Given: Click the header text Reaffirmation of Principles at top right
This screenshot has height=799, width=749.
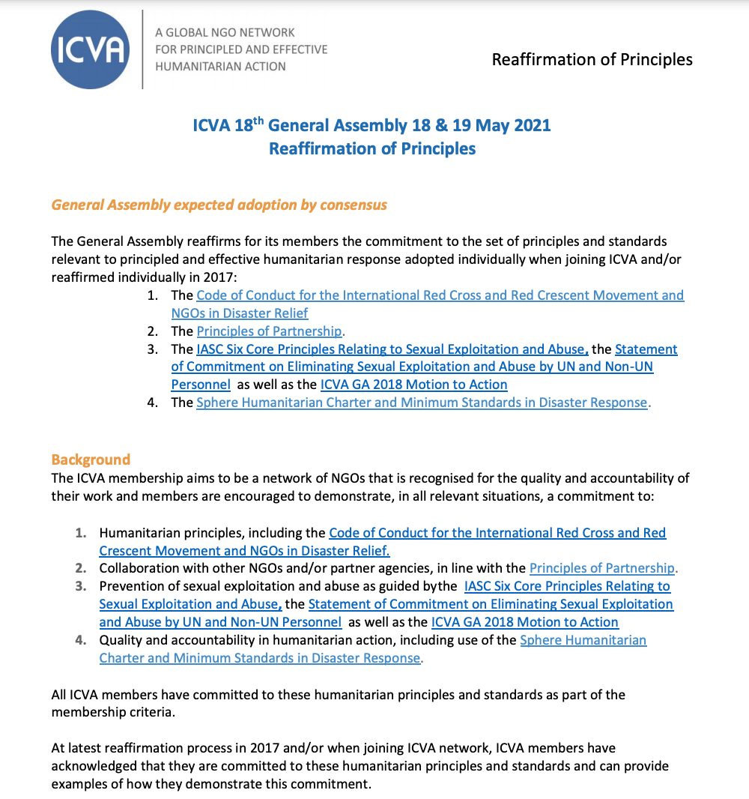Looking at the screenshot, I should pyautogui.click(x=592, y=60).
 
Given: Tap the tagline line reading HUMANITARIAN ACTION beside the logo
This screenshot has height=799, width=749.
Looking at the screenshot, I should pyautogui.click(x=220, y=66).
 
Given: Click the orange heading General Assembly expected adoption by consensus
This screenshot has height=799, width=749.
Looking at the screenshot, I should pyautogui.click(x=219, y=205).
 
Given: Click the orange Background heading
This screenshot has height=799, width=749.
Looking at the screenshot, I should pyautogui.click(x=91, y=459).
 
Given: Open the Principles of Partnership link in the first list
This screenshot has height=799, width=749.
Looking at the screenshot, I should pyautogui.click(x=269, y=331).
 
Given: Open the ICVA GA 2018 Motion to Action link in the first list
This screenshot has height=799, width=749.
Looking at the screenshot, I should pyautogui.click(x=413, y=385).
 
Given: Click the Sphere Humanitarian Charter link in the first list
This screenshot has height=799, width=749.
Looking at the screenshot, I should pyautogui.click(x=421, y=402).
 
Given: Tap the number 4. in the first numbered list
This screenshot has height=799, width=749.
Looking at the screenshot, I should pyautogui.click(x=153, y=402).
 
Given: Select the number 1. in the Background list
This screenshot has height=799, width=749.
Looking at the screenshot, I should pyautogui.click(x=81, y=533).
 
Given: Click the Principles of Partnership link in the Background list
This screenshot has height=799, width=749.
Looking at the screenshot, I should pyautogui.click(x=602, y=568).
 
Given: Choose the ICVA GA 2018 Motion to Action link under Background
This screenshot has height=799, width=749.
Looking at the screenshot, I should pyautogui.click(x=524, y=622).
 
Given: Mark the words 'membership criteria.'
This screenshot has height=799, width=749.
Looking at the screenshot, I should pyautogui.click(x=113, y=712).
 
